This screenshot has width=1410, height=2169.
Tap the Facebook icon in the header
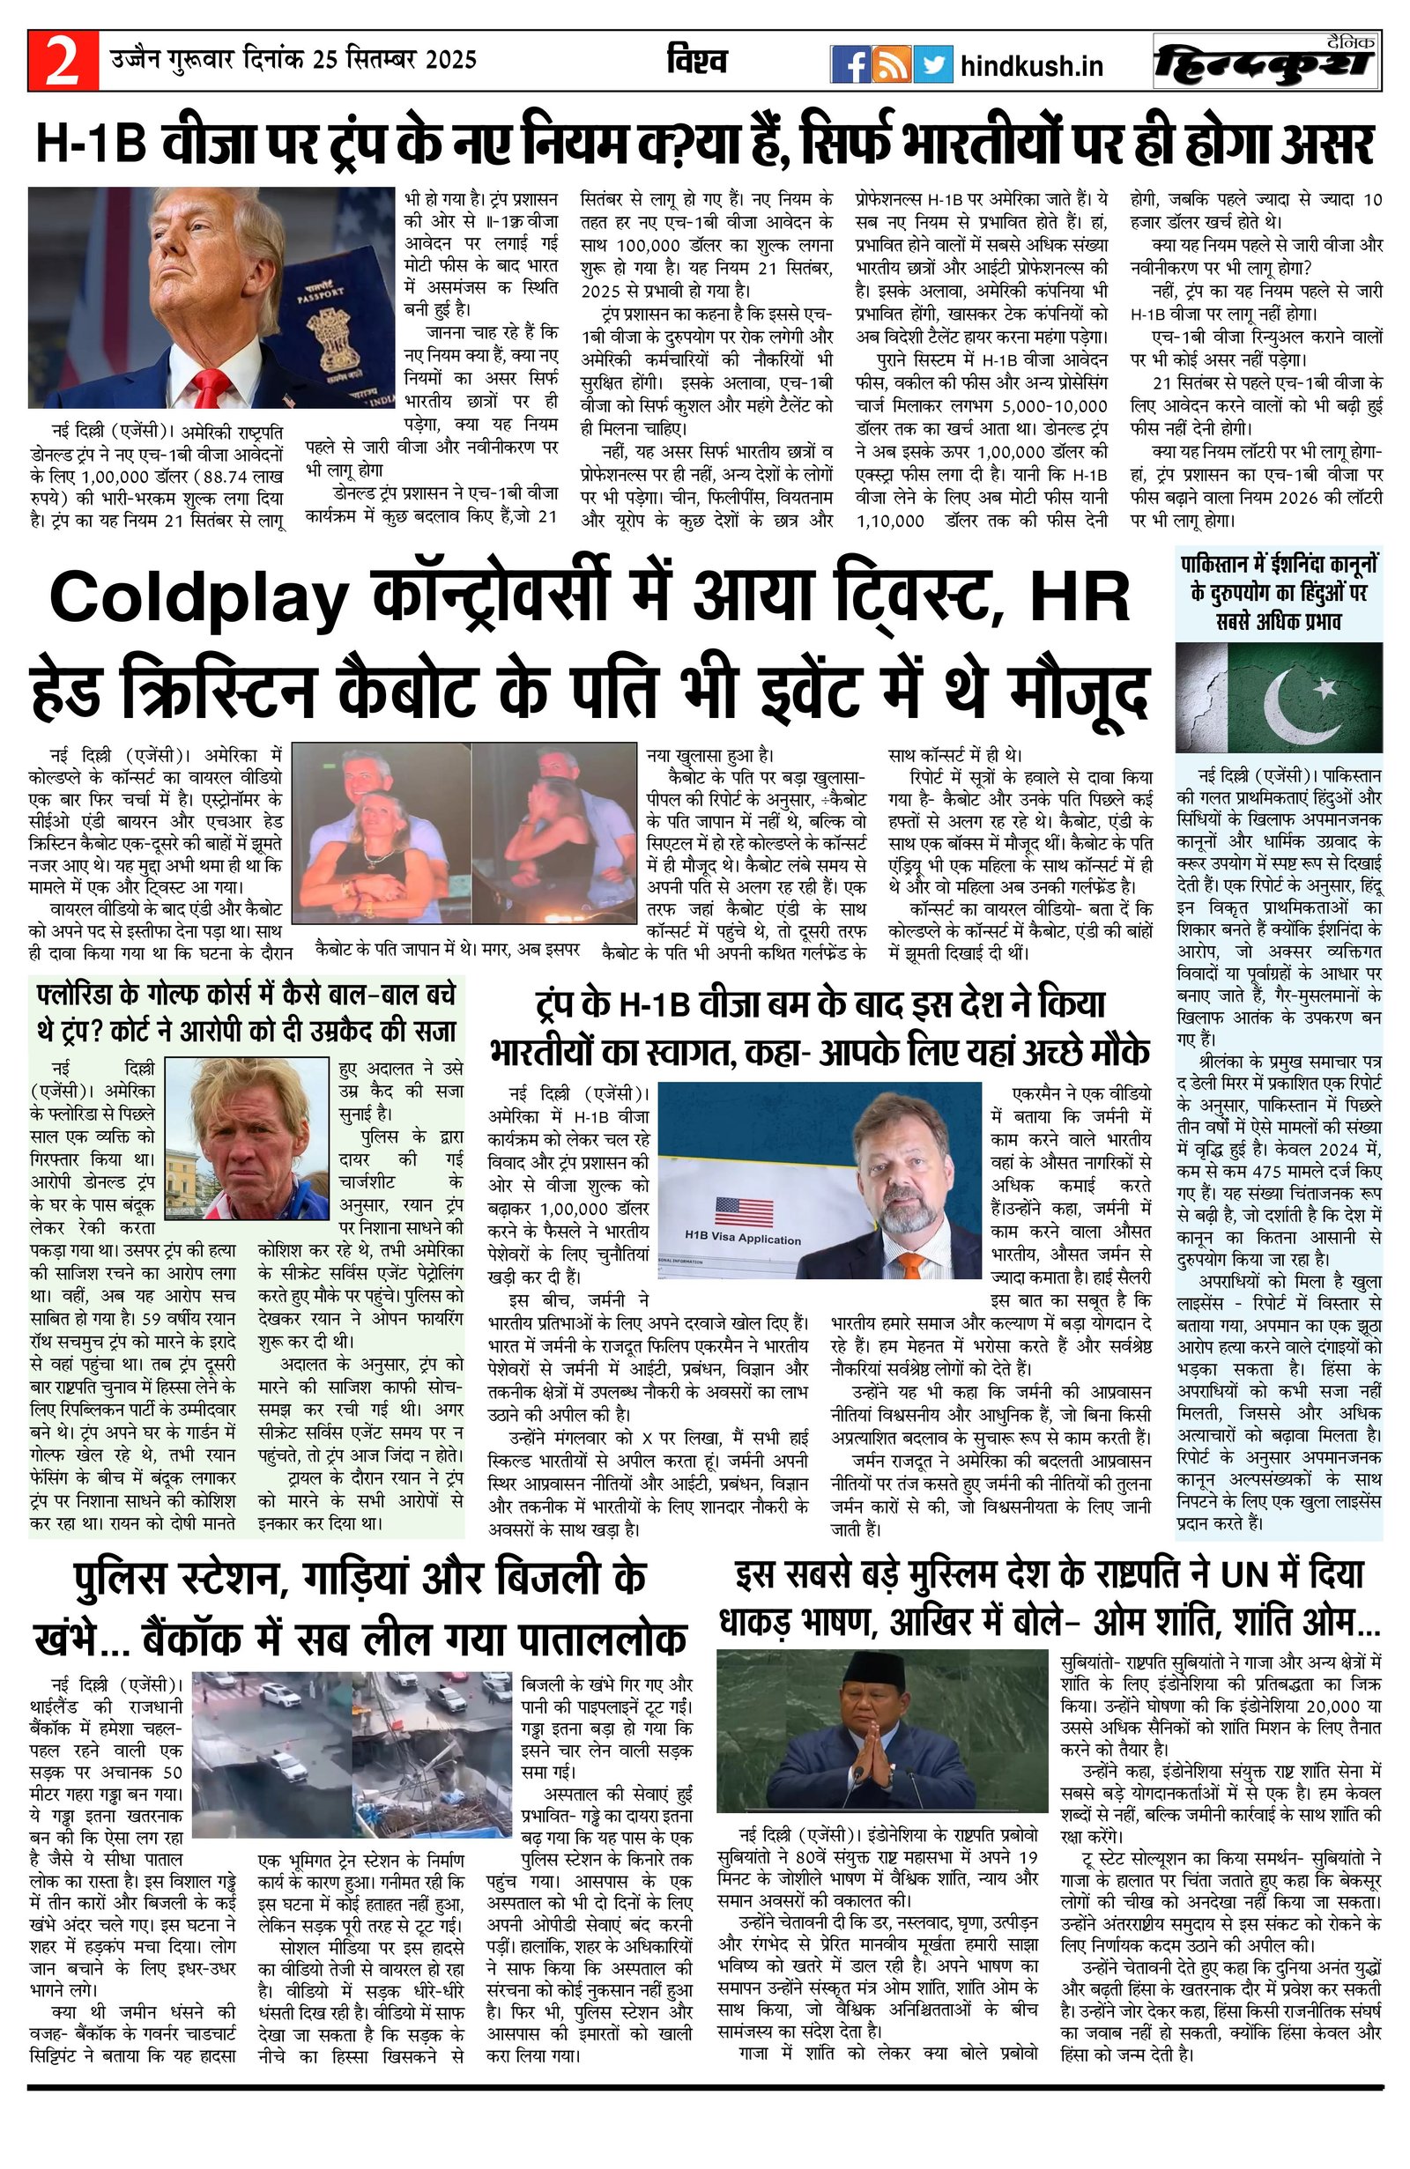[850, 65]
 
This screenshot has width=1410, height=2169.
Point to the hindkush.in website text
[1032, 65]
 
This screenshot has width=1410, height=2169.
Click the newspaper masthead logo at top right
[1265, 63]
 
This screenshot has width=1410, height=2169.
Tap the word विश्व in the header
[697, 62]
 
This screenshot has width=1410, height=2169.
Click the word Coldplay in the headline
[197, 601]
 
